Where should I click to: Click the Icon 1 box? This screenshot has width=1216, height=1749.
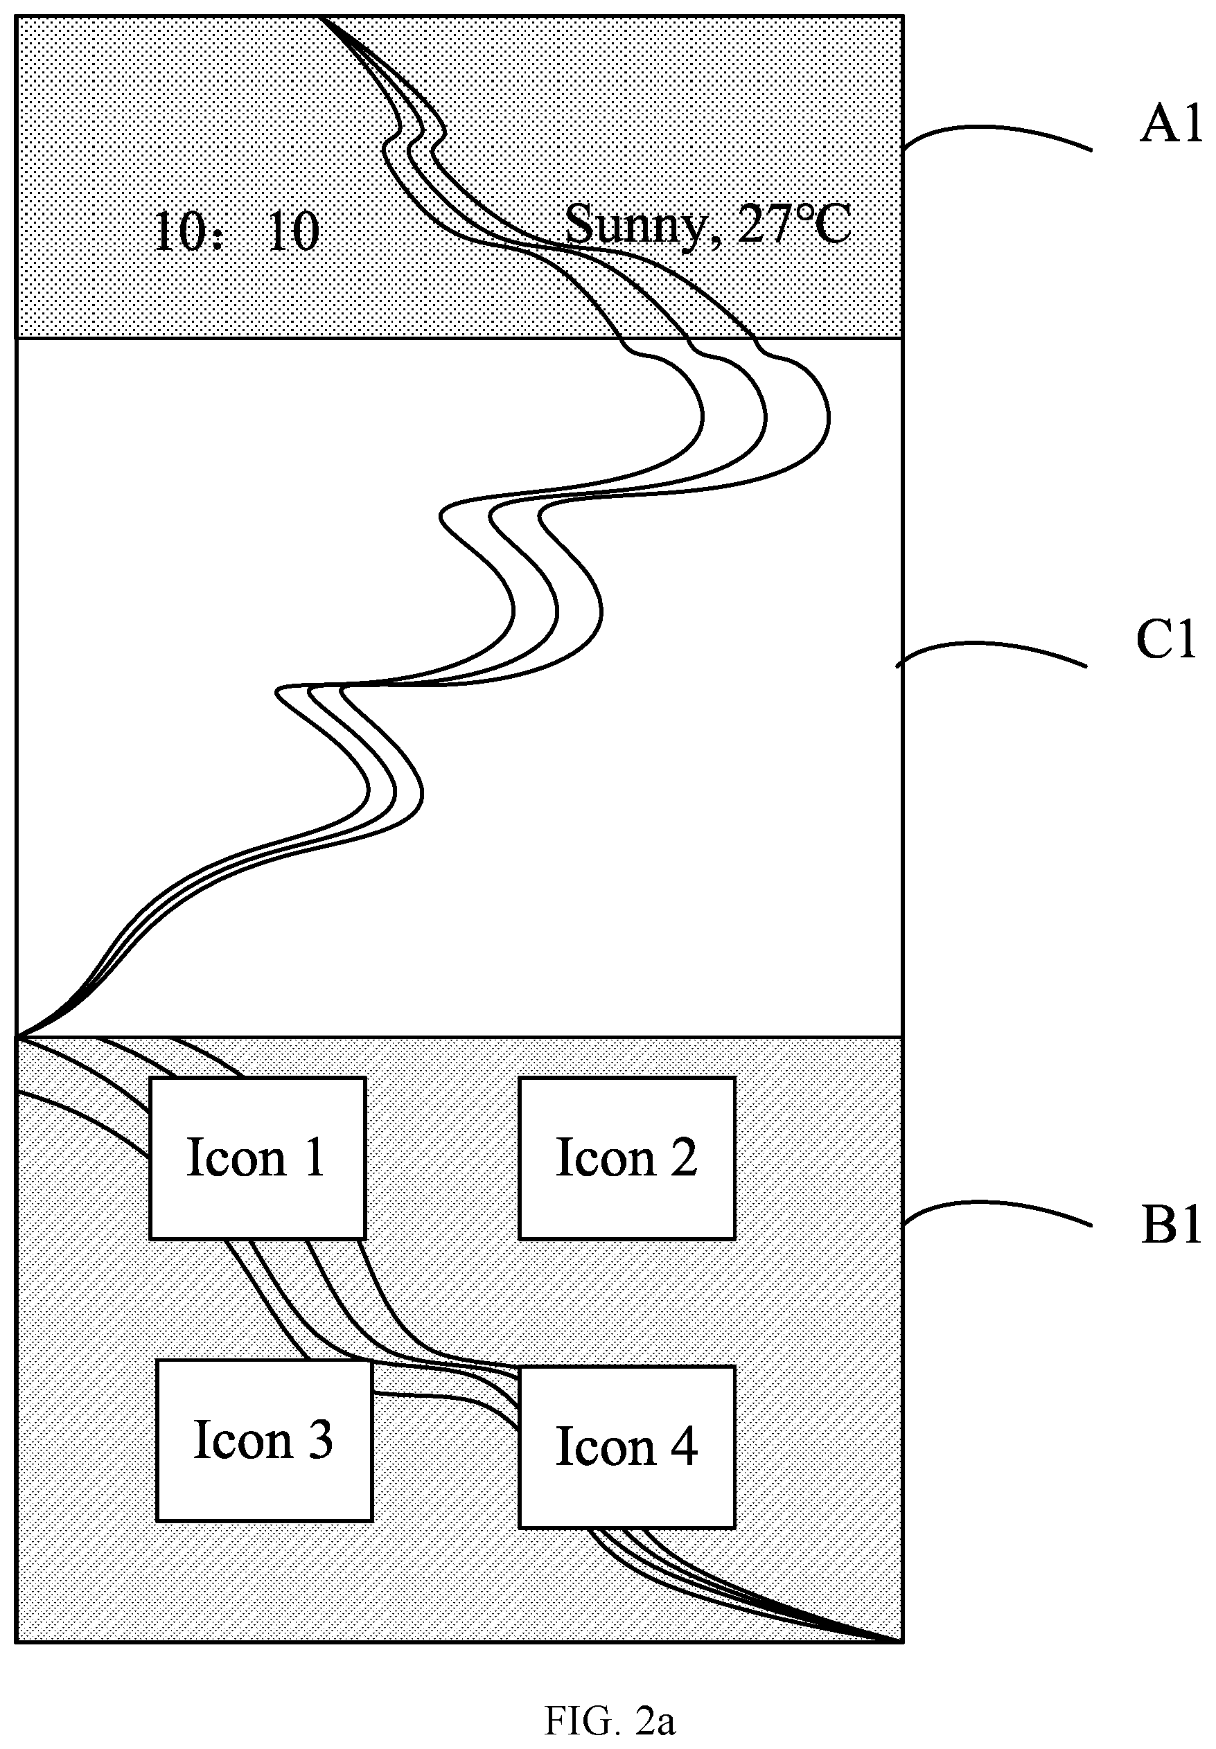point(258,1158)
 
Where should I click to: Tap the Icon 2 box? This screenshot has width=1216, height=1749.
point(627,1158)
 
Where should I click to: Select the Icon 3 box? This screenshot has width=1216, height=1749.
point(265,1441)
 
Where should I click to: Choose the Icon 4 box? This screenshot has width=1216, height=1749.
point(627,1446)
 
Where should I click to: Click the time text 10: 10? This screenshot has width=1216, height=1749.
point(236,231)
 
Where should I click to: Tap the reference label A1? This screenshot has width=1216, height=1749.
point(1170,124)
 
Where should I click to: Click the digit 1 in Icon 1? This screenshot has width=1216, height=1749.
point(314,1158)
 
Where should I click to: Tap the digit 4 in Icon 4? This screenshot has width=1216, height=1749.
point(683,1446)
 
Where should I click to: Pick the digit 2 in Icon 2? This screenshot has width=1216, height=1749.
point(683,1157)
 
